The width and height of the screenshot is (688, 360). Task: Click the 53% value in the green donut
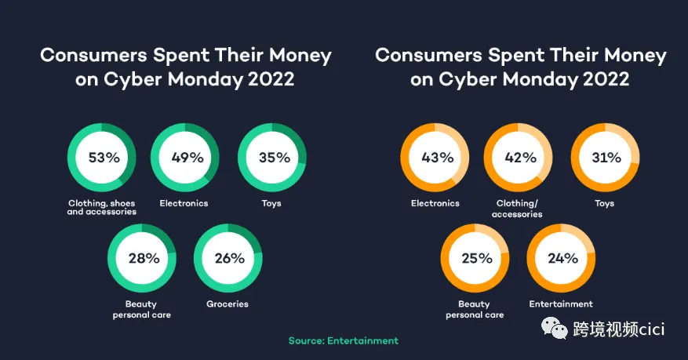tap(104, 158)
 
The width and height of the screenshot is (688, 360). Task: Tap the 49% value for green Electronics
tap(187, 158)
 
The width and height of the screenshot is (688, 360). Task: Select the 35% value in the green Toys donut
tap(275, 158)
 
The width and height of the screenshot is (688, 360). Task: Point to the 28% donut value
tap(144, 258)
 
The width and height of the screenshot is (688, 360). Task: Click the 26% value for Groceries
tap(230, 258)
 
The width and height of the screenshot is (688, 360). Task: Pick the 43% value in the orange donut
tap(438, 158)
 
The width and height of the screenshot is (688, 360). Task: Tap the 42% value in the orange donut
tap(520, 158)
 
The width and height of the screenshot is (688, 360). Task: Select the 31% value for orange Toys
tap(606, 158)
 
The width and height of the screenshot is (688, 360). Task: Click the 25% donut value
tap(477, 258)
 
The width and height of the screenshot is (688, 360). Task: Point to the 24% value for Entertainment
tap(563, 258)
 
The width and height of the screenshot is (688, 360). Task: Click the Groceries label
tap(228, 304)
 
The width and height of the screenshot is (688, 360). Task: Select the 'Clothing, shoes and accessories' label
tap(102, 207)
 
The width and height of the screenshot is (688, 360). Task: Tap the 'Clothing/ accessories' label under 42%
tap(517, 209)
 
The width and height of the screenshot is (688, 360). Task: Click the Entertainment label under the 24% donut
tap(561, 304)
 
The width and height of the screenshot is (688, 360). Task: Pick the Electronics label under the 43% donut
tap(435, 203)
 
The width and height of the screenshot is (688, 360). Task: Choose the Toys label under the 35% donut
tap(271, 203)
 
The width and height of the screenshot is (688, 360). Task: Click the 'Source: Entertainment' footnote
tap(344, 340)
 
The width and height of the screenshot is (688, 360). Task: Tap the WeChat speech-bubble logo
tap(554, 329)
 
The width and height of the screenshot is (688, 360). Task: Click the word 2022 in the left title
tap(271, 79)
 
